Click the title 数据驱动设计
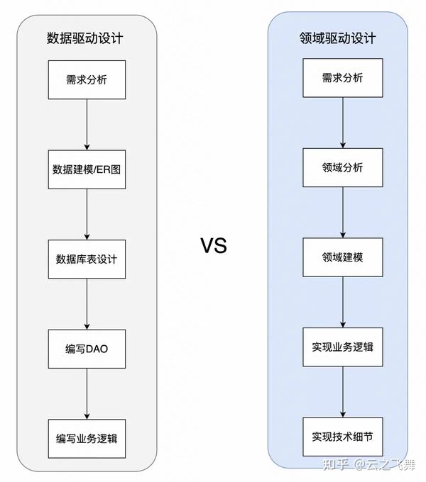click(84, 38)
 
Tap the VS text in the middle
click(213, 246)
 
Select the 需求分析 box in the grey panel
click(86, 79)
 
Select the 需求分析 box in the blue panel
click(342, 78)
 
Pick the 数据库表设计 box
click(86, 258)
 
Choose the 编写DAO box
click(86, 348)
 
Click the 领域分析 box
click(342, 167)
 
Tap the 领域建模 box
click(342, 257)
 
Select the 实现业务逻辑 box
click(342, 347)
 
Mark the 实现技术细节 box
click(342, 436)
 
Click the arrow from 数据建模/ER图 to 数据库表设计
click(86, 213)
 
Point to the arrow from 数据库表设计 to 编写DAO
click(86, 303)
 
